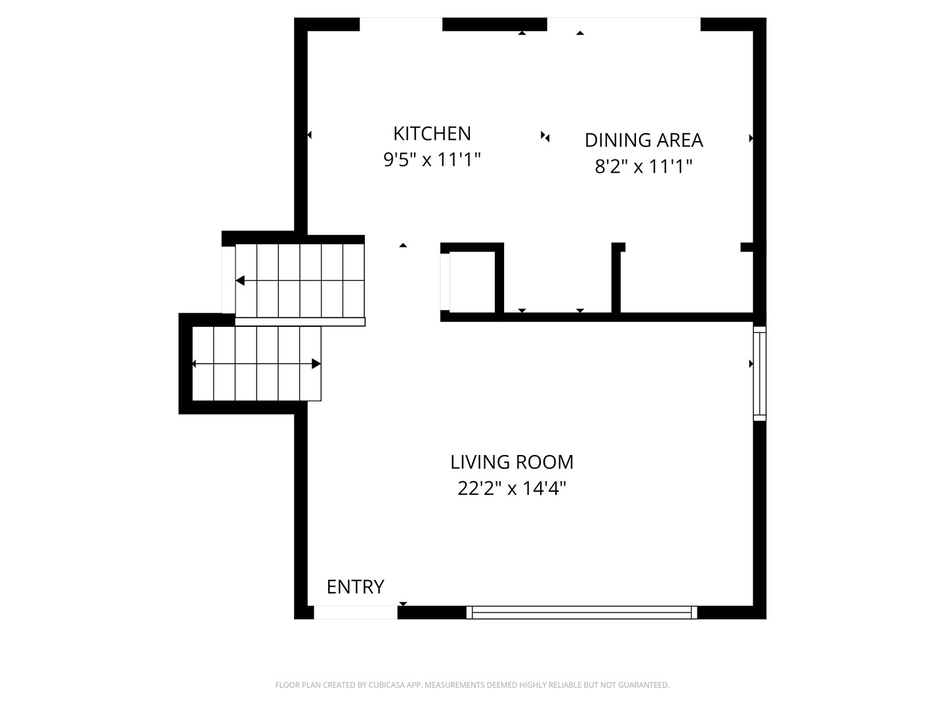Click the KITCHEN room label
432,133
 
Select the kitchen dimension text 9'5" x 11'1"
432,160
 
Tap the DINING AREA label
643,140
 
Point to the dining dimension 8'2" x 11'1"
643,167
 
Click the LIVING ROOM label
511,462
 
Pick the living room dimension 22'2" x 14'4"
511,489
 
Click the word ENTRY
355,587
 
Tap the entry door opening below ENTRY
355,612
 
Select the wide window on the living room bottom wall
581,612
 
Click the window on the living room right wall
759,373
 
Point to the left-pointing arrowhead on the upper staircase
240,281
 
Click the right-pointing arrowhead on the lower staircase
316,364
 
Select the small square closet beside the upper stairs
472,281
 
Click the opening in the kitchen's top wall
400,24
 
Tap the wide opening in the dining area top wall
623,24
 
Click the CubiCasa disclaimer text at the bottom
472,685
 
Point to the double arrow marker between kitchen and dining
545,136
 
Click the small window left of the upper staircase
228,280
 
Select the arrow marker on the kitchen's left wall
309,135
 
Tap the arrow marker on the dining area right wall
751,139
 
